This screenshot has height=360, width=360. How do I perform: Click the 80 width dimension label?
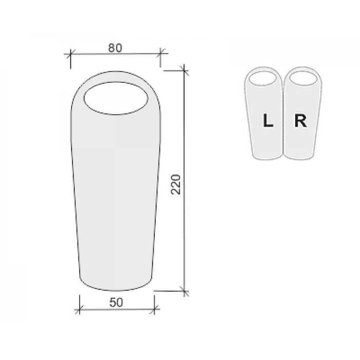(x=115, y=48)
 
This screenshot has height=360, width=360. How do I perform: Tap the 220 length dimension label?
(x=176, y=184)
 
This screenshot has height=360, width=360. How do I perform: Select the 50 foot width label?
(x=116, y=302)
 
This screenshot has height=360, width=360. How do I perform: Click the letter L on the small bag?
(x=268, y=120)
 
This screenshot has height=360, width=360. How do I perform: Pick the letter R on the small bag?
(x=300, y=120)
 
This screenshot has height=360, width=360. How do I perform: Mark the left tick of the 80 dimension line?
(x=70, y=53)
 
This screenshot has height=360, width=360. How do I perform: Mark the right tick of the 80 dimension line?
(x=160, y=53)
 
